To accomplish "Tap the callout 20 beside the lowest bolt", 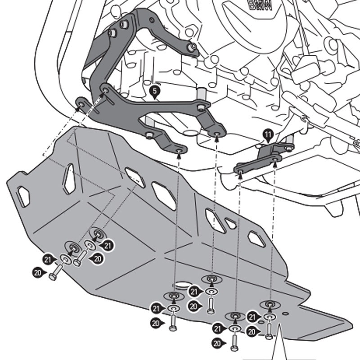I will coord(218,343).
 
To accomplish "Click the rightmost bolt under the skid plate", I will coord(269,333).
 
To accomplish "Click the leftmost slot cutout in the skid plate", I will coord(22,196).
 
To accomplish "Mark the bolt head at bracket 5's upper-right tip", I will coord(192,46).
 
